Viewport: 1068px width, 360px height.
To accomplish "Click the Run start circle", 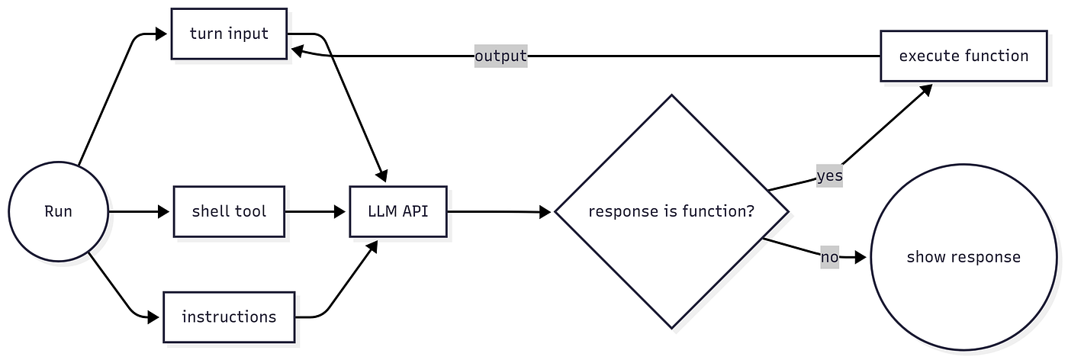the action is click(58, 211).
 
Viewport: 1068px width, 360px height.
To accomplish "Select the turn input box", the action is click(229, 34).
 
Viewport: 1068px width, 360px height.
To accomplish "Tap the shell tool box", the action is click(229, 211).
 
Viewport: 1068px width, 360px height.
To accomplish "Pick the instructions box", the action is click(229, 317).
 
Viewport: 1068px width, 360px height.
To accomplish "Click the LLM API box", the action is click(398, 211).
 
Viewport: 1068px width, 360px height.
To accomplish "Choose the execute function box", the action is click(963, 56).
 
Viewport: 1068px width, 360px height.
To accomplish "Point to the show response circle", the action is click(963, 257).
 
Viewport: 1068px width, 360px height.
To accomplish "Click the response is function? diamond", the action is click(671, 211).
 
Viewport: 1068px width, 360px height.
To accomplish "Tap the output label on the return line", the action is click(500, 56).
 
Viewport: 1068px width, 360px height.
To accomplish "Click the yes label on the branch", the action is click(830, 176).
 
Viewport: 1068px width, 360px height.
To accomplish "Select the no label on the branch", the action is click(830, 257).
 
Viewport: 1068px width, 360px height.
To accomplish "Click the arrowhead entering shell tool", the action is click(163, 211).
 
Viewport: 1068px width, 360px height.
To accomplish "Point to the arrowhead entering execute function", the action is click(926, 90).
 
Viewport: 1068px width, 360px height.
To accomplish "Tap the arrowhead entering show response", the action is click(861, 258).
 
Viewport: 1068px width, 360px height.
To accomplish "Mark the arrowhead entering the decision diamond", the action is click(545, 212).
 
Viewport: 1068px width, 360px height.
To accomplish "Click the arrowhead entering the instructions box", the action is click(153, 317).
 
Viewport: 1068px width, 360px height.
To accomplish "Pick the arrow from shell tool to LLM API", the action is click(315, 211).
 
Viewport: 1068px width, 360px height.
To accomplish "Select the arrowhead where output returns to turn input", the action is click(298, 50).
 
